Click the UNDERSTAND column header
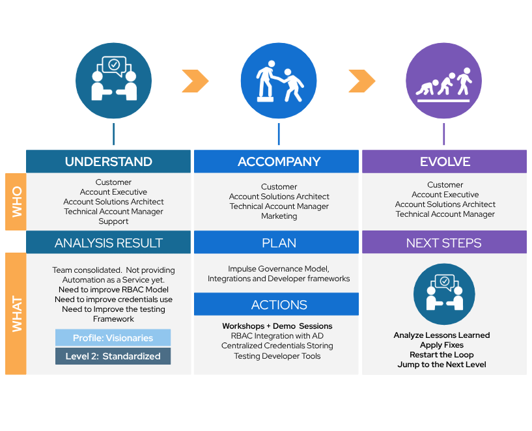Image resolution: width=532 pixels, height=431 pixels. pos(108,161)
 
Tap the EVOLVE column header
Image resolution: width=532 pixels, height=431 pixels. pos(444,161)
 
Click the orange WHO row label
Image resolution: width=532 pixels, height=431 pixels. pos(16,201)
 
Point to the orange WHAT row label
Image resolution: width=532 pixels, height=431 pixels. pos(16,314)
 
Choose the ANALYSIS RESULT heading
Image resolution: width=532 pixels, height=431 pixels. pos(108,243)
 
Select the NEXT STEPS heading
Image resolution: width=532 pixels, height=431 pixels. pos(444,243)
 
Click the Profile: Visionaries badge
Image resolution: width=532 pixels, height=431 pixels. pos(113,338)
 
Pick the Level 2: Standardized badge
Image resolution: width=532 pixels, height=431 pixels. pos(113,356)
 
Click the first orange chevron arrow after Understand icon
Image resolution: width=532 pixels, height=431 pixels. pos(195,81)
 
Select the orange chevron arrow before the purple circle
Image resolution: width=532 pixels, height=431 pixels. pos(361,81)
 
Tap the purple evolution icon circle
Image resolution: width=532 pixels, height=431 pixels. pos(443,81)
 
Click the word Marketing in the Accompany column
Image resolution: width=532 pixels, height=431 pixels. pos(279,216)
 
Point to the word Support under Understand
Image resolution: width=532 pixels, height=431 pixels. pos(113,221)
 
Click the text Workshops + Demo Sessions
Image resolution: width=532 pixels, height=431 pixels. pos(277,326)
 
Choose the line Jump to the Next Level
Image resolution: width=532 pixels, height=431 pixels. pos(441,365)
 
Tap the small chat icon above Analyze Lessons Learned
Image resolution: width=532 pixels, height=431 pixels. pos(443,294)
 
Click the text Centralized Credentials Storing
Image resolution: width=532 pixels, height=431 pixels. pos(277,346)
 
